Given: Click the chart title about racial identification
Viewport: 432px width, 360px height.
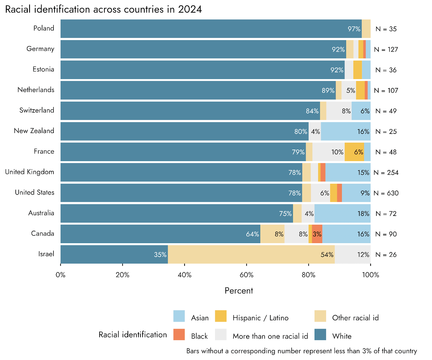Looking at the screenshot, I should (x=103, y=9).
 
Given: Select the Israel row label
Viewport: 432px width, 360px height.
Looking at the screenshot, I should (x=46, y=254).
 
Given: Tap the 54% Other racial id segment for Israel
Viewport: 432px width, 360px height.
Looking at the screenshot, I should (x=251, y=254).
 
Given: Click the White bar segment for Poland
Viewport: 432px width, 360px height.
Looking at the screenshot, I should (x=211, y=29).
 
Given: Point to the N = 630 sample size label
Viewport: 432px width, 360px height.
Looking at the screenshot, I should (x=386, y=193).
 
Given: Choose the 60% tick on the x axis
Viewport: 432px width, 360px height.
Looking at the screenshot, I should (x=247, y=275).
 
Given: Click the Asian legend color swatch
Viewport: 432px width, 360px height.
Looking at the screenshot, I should (x=179, y=316).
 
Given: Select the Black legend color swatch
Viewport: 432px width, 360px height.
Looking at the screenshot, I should (x=179, y=335).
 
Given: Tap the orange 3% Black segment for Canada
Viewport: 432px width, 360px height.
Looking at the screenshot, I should (x=317, y=234).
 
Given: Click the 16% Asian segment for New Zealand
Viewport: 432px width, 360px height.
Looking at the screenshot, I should (x=346, y=131).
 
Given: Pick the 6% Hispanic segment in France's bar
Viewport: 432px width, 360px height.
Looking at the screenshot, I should (x=354, y=152).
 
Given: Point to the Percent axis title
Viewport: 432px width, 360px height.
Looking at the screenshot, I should (x=239, y=291).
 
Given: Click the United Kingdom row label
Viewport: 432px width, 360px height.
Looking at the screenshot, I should (x=30, y=172).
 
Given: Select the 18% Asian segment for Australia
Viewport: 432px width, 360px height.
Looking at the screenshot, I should (x=342, y=213).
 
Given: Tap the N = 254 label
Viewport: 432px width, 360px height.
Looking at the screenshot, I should (x=386, y=173).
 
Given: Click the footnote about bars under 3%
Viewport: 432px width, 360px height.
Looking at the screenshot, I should (x=302, y=351).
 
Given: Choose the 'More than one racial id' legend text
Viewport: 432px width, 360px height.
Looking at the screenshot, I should (x=270, y=336).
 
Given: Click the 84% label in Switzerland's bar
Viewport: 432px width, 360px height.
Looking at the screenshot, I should (x=312, y=111).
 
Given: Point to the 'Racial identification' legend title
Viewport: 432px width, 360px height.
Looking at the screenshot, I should (x=133, y=335).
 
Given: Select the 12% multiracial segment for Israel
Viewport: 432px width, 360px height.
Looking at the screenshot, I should (x=353, y=254).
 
